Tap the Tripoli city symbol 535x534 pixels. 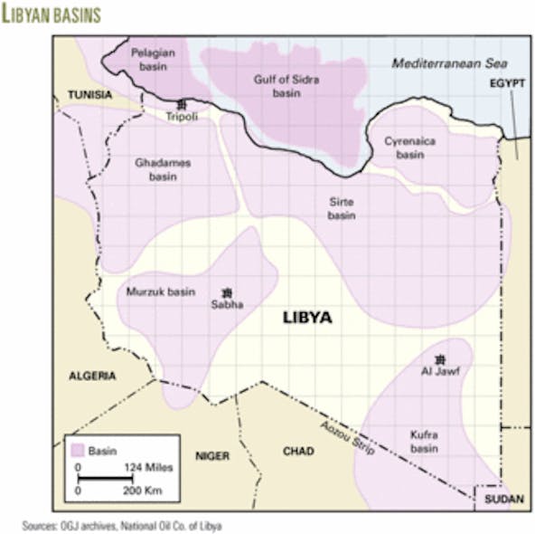182,104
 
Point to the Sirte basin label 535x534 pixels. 342,209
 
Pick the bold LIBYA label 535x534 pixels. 307,318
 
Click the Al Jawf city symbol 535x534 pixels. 440,358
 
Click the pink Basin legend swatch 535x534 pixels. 79,448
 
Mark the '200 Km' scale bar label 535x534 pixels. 147,489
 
